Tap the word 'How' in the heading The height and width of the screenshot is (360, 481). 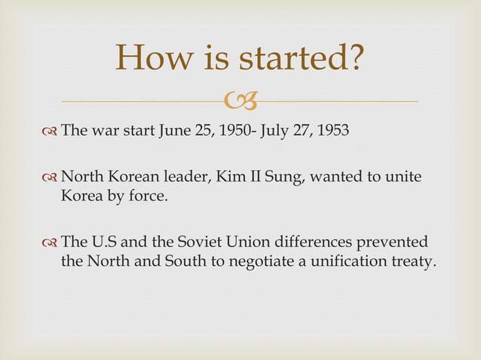point(154,59)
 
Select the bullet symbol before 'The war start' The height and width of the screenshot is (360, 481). point(50,130)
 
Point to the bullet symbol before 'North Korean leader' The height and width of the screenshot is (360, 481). point(50,178)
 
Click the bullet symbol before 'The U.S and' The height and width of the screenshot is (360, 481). point(50,243)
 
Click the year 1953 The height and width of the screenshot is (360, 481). point(332,130)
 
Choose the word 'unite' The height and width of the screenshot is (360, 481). point(403,178)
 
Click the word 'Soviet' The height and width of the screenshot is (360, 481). point(200,243)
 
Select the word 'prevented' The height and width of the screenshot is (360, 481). point(396,243)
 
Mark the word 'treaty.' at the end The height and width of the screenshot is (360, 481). point(415,262)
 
